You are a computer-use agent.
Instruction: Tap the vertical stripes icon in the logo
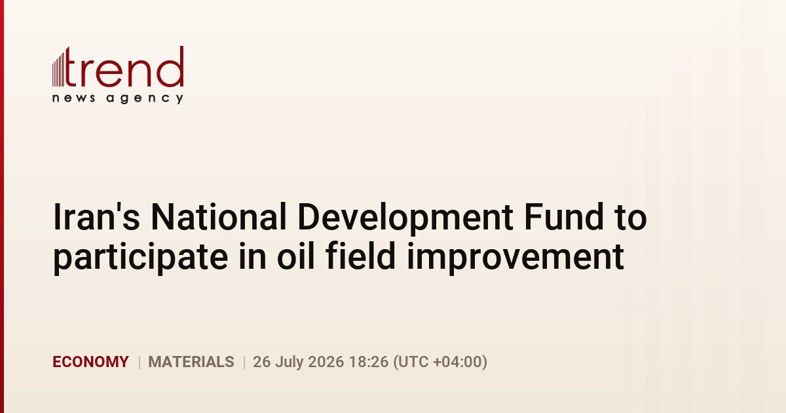coord(58,68)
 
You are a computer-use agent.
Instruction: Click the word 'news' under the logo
coord(73,98)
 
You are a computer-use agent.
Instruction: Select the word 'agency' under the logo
coord(145,99)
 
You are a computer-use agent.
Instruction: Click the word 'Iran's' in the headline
coord(96,217)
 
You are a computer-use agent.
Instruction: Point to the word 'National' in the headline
coord(219,217)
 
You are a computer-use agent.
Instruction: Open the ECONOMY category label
coord(90,362)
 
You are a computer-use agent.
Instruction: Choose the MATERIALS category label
coord(191,362)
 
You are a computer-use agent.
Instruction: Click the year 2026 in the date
coord(326,362)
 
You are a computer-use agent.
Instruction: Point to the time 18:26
coord(369,362)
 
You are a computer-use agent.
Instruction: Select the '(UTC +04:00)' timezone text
coord(440,362)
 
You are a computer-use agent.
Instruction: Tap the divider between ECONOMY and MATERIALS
coord(140,362)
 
